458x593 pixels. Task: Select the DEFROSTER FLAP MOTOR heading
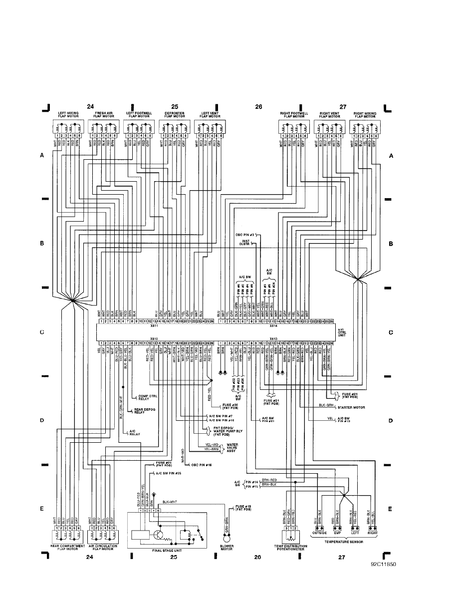coord(174,115)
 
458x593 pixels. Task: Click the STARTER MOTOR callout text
coord(352,407)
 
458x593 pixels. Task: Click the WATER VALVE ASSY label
coord(235,447)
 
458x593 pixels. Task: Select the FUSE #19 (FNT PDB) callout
coord(241,509)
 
